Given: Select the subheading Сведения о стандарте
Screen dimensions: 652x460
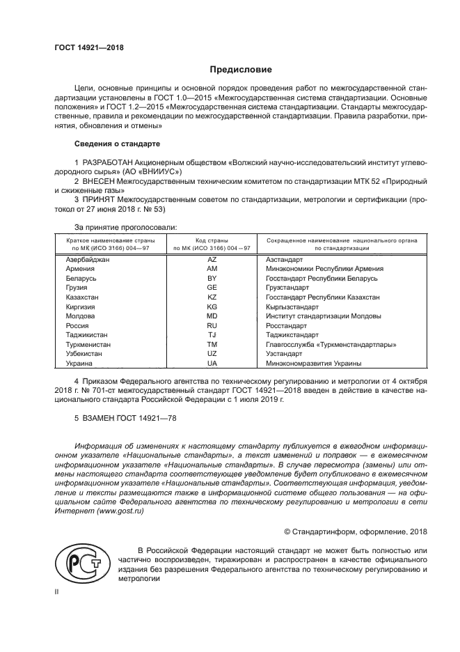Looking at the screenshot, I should click(117, 143).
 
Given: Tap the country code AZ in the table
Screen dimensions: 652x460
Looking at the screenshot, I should click(212, 258).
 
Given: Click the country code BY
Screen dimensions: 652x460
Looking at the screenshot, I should click(212, 278).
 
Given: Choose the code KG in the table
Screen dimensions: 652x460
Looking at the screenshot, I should click(212, 306).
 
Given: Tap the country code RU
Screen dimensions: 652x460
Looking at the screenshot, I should click(212, 325).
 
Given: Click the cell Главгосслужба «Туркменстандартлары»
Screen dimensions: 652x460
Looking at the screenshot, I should click(331, 344).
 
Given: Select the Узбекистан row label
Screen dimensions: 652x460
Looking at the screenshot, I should click(84, 354).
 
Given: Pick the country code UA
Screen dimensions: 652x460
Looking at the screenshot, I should click(212, 363).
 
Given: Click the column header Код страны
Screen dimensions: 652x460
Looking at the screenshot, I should click(212, 239).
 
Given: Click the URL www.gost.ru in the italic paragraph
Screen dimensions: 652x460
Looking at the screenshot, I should click(121, 511).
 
